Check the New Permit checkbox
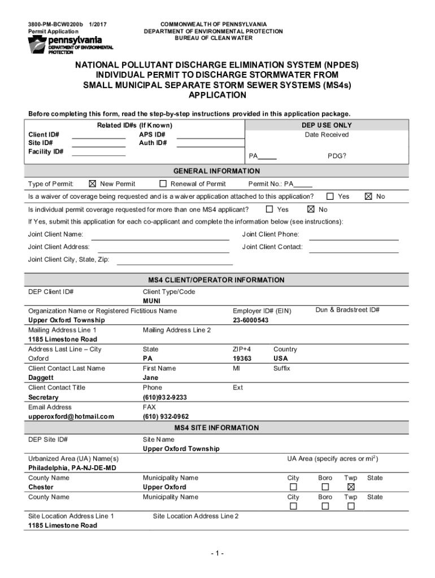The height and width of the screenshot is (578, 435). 93,183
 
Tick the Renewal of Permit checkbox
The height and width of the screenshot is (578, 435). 163,183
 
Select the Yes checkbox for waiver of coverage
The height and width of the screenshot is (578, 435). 330,196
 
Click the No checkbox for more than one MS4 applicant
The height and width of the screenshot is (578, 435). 311,209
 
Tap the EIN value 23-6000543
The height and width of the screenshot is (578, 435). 251,320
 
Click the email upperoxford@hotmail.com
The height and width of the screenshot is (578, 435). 71,417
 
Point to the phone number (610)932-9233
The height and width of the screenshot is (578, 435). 165,397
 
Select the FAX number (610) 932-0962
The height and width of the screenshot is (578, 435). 166,417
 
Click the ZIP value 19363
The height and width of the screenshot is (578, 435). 242,358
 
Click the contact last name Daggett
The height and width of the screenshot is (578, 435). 41,378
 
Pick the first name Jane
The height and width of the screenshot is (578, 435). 151,378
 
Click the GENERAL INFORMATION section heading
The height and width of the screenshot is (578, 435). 217,171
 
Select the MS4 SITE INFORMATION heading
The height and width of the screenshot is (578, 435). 217,428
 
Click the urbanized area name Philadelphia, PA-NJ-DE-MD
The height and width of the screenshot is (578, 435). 72,468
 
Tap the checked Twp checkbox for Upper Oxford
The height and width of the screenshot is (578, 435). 351,487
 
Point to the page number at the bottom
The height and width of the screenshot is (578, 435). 216,554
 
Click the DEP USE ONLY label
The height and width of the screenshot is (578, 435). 327,125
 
